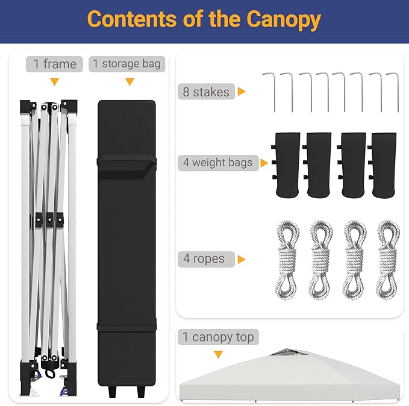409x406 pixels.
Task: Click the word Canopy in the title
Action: [284, 20]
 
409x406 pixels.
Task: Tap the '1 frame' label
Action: [55, 64]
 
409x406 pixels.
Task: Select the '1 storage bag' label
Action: [126, 64]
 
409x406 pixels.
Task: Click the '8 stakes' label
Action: [206, 92]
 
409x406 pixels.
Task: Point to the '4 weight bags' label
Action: [218, 163]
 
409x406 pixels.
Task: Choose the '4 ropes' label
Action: [206, 259]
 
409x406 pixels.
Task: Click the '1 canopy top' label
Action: [218, 337]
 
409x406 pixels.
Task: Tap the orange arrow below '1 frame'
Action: [55, 82]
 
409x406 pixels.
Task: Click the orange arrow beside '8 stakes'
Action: [242, 92]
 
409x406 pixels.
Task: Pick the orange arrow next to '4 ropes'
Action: [242, 260]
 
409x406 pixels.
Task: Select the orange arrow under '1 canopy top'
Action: [218, 355]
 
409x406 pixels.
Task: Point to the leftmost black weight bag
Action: [286, 165]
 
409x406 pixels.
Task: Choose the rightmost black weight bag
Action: [383, 165]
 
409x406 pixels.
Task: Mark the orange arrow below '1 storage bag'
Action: [130, 82]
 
